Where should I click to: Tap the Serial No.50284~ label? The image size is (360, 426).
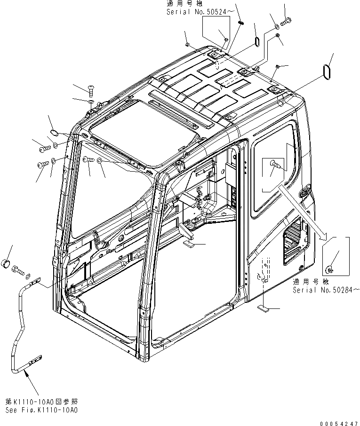(326, 290)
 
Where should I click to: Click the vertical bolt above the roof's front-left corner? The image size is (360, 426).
(89, 90)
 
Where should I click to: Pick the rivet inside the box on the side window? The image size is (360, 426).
(275, 165)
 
